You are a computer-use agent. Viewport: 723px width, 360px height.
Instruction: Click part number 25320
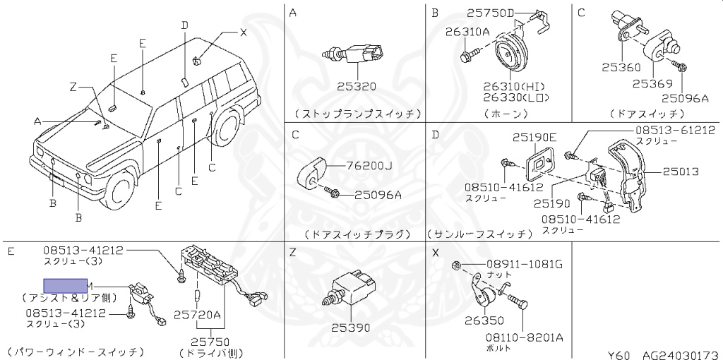tap(356, 87)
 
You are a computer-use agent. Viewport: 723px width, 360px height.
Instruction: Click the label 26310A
tap(467, 31)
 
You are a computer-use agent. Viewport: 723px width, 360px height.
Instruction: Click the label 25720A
tap(198, 314)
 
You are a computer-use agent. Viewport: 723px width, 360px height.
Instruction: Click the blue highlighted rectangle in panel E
tap(64, 285)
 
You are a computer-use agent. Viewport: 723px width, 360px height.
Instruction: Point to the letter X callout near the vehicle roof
tap(243, 32)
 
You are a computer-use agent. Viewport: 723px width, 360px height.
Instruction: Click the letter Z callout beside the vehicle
tap(72, 88)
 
